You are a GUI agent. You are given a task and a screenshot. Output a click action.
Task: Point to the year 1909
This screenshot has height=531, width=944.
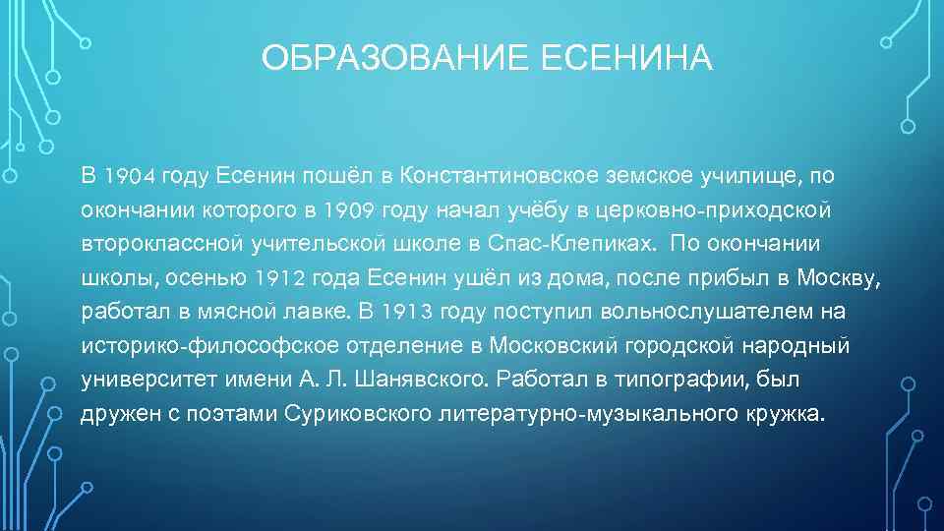348,210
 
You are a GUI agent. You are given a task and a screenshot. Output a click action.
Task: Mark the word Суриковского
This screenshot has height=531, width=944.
349,414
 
